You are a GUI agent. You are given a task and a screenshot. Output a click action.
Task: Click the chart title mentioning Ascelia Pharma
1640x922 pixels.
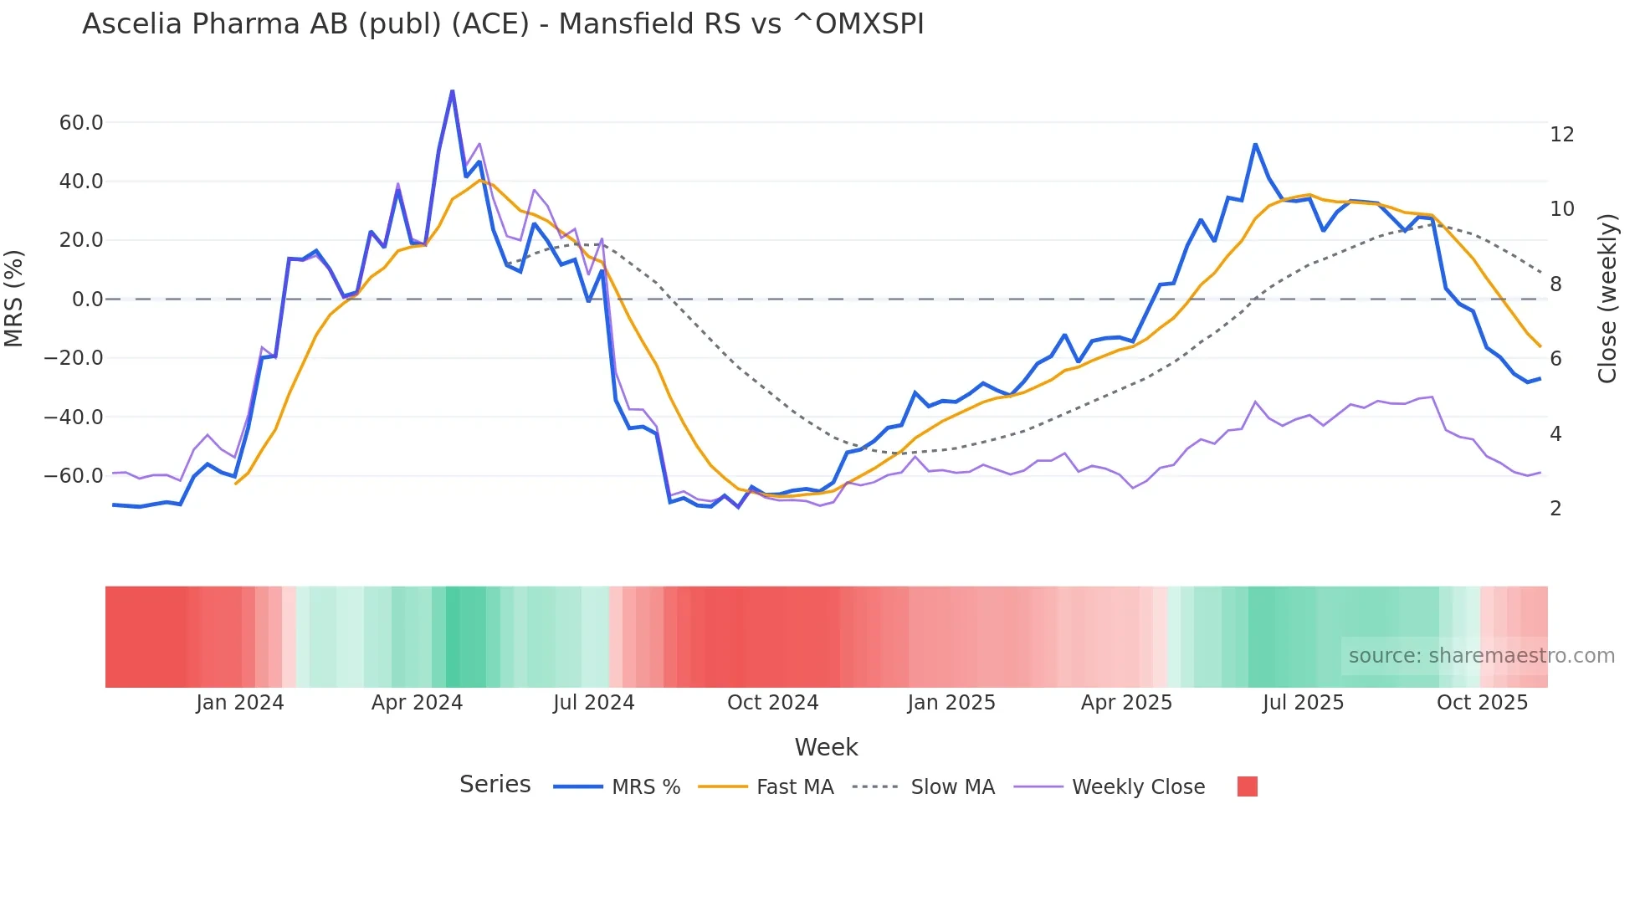point(503,24)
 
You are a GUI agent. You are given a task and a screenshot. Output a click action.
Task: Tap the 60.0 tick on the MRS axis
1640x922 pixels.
point(81,123)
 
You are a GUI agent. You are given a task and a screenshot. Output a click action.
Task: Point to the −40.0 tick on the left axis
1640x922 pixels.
point(74,417)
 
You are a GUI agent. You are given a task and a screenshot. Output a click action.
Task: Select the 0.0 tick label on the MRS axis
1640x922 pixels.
point(87,300)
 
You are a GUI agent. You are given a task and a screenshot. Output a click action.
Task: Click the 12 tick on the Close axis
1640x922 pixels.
point(1561,135)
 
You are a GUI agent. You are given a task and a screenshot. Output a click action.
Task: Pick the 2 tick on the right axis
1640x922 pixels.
point(1555,509)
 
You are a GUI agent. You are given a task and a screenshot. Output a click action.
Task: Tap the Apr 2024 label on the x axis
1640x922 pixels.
point(417,703)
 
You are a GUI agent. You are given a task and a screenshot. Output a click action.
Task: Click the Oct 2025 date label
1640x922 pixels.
point(1482,703)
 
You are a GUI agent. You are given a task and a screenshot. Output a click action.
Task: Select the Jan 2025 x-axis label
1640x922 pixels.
point(951,703)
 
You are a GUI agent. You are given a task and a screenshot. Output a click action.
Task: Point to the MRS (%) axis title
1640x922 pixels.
point(14,299)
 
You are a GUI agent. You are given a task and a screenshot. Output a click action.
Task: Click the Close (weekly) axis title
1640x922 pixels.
point(1607,299)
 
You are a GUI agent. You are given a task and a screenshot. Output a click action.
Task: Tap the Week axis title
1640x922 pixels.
point(826,747)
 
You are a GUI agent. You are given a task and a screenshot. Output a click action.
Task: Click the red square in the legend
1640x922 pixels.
point(1247,786)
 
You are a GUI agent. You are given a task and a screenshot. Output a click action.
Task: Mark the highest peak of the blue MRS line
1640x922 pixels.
point(452,90)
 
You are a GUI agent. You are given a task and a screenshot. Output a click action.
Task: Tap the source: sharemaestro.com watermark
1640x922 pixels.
point(1481,656)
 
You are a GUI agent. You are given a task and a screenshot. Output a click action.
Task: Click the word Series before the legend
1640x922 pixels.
point(495,785)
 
